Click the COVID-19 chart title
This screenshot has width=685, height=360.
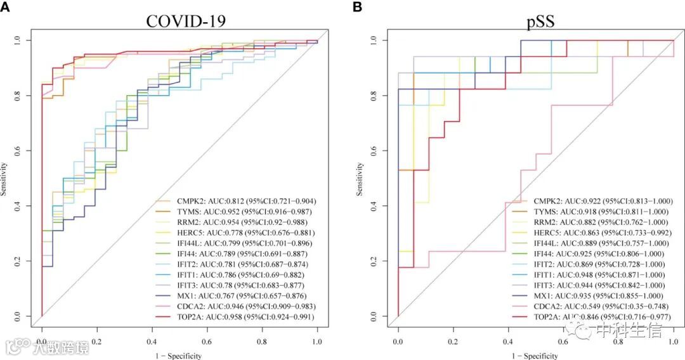click(186, 20)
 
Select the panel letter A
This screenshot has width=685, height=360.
click(6, 6)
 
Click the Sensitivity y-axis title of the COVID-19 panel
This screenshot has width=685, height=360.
click(5, 179)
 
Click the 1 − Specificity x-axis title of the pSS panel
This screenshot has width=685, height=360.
click(535, 356)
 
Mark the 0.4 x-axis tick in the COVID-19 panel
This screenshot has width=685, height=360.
click(152, 340)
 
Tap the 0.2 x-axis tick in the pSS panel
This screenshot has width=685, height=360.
click(453, 340)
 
